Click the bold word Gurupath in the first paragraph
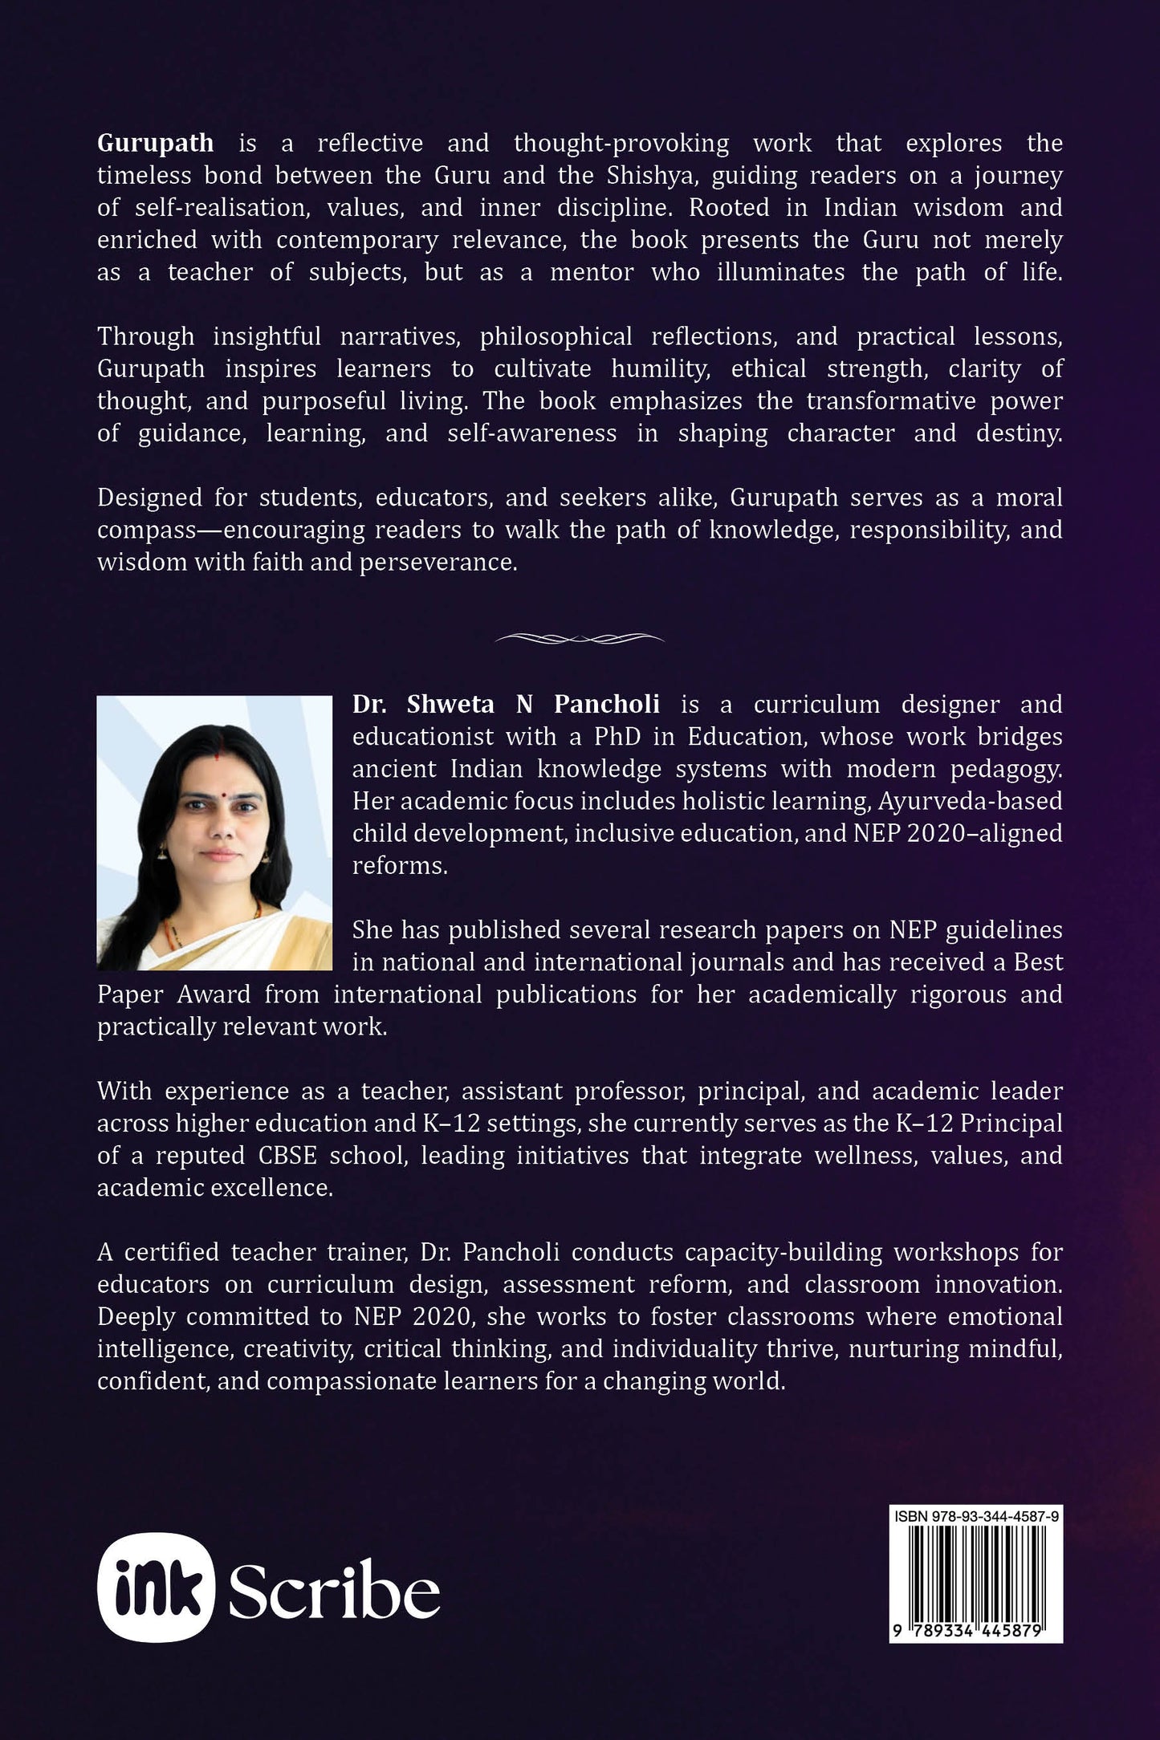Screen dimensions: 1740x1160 point(155,143)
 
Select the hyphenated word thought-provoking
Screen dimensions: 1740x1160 point(621,143)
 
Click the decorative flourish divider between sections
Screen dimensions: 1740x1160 point(580,638)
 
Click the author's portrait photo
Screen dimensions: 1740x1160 point(214,832)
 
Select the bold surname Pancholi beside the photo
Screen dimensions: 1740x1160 point(607,704)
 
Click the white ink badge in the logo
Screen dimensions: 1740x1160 point(156,1587)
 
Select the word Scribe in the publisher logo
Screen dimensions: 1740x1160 point(334,1589)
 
